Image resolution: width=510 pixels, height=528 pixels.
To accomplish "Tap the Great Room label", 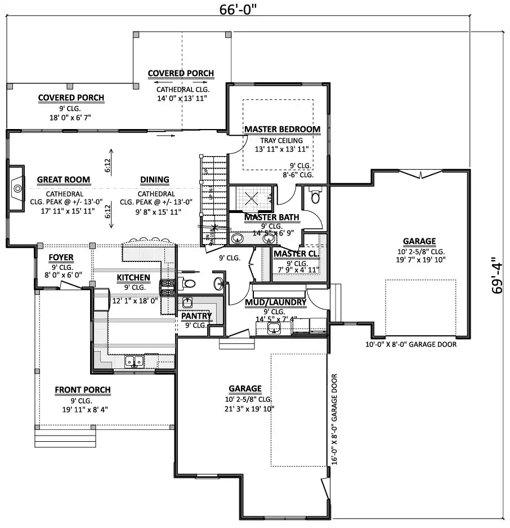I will [63, 180].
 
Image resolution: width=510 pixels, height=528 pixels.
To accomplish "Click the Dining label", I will [154, 180].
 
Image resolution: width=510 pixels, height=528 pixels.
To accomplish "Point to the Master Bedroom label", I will [282, 129].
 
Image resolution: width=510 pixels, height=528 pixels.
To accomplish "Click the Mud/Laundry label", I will [276, 302].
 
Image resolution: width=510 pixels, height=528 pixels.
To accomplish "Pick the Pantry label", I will [196, 316].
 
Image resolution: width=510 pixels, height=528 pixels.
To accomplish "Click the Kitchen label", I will [133, 277].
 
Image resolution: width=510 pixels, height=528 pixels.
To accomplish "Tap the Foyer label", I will [61, 258].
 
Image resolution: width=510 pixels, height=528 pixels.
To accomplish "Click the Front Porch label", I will [82, 389].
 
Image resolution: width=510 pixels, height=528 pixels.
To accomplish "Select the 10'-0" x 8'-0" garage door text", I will [410, 344].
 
